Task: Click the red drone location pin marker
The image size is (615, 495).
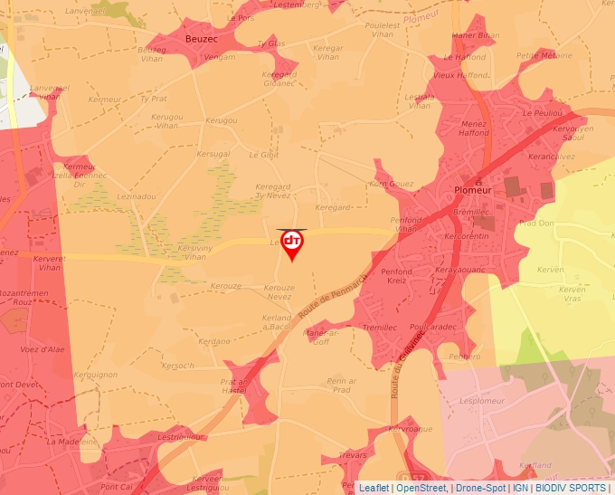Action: point(292,243)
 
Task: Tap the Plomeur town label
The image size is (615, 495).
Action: point(474,191)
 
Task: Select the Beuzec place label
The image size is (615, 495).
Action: point(200,40)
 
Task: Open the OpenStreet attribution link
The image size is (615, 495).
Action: point(421,488)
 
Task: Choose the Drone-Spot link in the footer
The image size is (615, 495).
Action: point(479,488)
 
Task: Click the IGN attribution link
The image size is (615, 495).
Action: point(521,488)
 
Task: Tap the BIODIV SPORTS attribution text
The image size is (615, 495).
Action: point(571,488)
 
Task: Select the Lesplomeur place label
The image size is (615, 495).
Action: point(480,400)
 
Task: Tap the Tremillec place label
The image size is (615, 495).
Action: point(378,327)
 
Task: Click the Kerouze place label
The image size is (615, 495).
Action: point(225,286)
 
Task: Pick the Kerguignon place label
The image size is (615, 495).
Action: point(95,374)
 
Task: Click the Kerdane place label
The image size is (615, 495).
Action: point(214,341)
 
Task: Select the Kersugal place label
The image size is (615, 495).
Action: point(214,154)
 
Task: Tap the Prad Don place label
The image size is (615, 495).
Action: point(535,223)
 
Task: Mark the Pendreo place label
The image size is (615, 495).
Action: point(465,357)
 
